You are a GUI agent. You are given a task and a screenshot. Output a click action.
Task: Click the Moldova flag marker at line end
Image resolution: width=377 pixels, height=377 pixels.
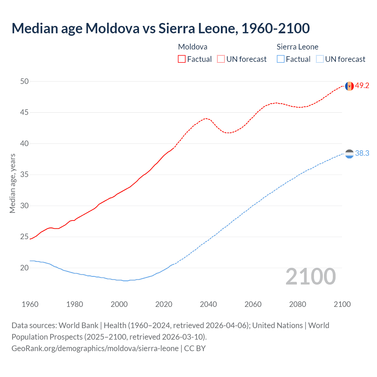[x=349, y=86]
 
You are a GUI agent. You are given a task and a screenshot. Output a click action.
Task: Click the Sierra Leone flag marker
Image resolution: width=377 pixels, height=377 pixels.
[x=349, y=154]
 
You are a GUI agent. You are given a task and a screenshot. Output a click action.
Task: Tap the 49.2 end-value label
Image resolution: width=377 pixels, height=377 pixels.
[x=362, y=85]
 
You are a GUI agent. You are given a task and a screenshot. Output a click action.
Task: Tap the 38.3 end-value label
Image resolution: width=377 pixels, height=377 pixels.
[x=362, y=153]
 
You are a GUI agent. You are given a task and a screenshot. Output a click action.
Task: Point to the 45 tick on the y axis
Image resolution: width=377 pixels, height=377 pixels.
[x=24, y=112]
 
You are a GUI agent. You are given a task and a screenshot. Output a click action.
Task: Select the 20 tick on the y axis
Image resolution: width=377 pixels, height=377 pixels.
[x=24, y=268]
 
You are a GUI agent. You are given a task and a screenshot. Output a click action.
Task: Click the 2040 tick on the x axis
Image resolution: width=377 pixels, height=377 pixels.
[x=208, y=304]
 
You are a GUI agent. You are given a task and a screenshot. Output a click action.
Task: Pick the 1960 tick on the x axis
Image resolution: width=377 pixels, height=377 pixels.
[x=30, y=304]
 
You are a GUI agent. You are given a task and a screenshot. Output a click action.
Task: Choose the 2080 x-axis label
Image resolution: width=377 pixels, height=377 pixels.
[x=297, y=304]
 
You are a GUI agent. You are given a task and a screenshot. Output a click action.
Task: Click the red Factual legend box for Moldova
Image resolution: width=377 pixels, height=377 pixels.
[x=182, y=59]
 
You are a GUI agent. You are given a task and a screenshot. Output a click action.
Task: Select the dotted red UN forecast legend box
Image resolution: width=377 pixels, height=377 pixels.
[x=221, y=59]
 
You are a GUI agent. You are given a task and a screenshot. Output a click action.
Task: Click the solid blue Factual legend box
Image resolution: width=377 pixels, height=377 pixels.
[x=280, y=59]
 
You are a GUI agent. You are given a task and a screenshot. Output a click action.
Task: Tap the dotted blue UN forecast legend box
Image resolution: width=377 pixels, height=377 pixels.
[x=320, y=59]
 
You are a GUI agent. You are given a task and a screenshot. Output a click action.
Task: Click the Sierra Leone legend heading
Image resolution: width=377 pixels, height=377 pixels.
[x=297, y=47]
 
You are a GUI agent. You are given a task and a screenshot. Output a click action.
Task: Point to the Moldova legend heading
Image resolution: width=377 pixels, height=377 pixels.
[x=193, y=47]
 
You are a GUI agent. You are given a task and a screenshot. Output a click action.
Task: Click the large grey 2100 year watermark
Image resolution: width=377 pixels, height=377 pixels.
[x=310, y=276]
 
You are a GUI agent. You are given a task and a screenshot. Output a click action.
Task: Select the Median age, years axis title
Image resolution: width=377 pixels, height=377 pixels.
[x=12, y=183]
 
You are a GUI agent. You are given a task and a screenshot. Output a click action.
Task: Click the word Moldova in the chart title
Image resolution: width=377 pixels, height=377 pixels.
[x=113, y=28]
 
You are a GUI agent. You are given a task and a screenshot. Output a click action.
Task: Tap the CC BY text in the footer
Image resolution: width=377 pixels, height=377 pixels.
[x=195, y=348]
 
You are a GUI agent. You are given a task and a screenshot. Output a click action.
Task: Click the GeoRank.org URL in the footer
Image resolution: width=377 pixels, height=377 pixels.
[x=95, y=348]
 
